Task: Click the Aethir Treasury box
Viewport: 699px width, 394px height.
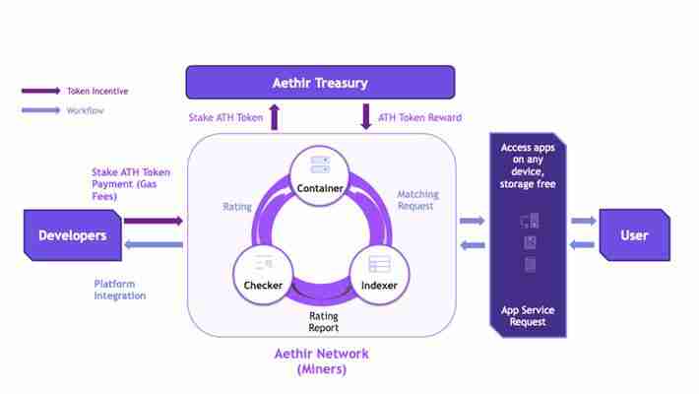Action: (x=320, y=82)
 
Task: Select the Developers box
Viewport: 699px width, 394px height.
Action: (x=72, y=235)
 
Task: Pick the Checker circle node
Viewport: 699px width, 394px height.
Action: (x=263, y=273)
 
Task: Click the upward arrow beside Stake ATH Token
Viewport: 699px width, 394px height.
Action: (x=275, y=118)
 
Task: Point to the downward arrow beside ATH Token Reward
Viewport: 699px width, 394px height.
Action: (x=365, y=118)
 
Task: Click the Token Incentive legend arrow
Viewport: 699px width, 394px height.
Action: (x=41, y=92)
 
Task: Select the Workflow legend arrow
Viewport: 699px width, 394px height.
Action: (x=41, y=111)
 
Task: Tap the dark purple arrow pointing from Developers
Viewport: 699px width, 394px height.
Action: (x=154, y=222)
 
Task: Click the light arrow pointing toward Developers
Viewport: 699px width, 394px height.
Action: (x=154, y=245)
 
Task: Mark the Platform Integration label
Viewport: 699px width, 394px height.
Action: (x=120, y=290)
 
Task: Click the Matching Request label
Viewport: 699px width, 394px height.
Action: (x=417, y=200)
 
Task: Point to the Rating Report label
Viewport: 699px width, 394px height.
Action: (x=324, y=321)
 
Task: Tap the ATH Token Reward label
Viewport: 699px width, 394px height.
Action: (x=420, y=118)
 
